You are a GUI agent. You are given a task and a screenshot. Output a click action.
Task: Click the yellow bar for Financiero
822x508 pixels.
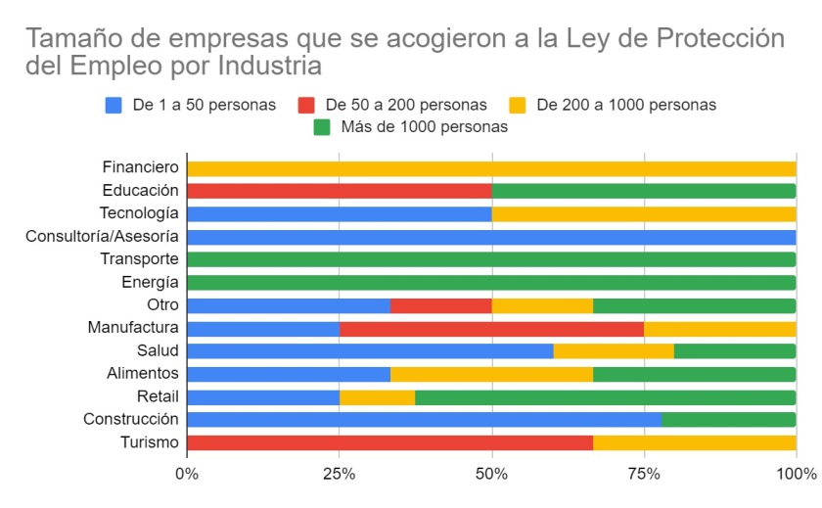(491, 168)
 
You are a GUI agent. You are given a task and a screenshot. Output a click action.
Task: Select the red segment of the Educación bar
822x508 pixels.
(340, 191)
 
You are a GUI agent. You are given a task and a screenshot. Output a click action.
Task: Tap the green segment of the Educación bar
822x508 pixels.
(644, 191)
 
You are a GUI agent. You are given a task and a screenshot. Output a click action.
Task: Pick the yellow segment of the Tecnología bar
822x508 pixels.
(644, 214)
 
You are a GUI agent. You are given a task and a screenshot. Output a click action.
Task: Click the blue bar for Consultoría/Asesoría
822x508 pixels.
(491, 237)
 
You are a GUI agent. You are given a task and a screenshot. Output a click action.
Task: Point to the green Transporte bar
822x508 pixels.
(491, 259)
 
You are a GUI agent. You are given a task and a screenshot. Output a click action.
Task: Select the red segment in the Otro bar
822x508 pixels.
(441, 305)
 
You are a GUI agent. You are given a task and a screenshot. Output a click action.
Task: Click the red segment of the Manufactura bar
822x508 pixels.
(491, 329)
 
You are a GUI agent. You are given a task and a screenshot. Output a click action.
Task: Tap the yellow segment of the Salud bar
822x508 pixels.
(614, 350)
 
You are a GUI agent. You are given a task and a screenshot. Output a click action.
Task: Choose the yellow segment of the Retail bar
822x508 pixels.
(378, 397)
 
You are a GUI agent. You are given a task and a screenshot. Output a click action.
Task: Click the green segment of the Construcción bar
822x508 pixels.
(729, 420)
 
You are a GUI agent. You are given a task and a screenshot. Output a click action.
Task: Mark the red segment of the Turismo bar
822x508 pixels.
(390, 443)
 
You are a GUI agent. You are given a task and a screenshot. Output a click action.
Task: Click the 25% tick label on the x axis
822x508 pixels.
(340, 475)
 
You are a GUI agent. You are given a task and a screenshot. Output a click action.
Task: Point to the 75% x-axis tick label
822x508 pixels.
(644, 475)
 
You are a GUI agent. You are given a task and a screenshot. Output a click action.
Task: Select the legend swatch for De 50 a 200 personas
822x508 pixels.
(306, 106)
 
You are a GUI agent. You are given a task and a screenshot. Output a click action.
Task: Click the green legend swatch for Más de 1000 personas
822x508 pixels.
(322, 127)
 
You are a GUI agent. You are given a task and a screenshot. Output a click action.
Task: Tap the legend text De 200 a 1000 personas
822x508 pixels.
(626, 105)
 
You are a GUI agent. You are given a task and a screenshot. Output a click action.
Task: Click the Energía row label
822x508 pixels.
(150, 283)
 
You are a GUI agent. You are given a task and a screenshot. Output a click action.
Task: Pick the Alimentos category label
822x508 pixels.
(143, 373)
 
